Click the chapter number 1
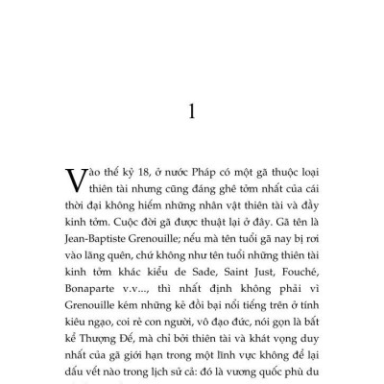(192, 112)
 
